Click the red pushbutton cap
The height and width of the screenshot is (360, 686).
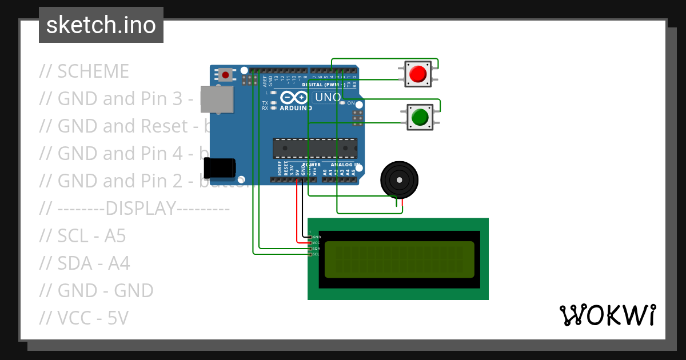point(418,74)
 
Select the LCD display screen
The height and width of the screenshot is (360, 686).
point(399,259)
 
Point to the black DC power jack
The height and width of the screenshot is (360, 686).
point(220,167)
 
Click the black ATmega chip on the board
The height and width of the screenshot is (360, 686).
point(314,148)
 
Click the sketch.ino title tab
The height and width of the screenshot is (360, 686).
point(101,25)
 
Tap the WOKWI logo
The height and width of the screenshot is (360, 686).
point(607,315)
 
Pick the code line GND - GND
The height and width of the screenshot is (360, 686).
point(96,291)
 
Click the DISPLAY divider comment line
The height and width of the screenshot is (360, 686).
point(134,209)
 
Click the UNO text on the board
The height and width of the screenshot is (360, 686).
point(328,97)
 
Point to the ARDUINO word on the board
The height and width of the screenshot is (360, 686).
point(296,107)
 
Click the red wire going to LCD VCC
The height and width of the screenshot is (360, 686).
point(297,217)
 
